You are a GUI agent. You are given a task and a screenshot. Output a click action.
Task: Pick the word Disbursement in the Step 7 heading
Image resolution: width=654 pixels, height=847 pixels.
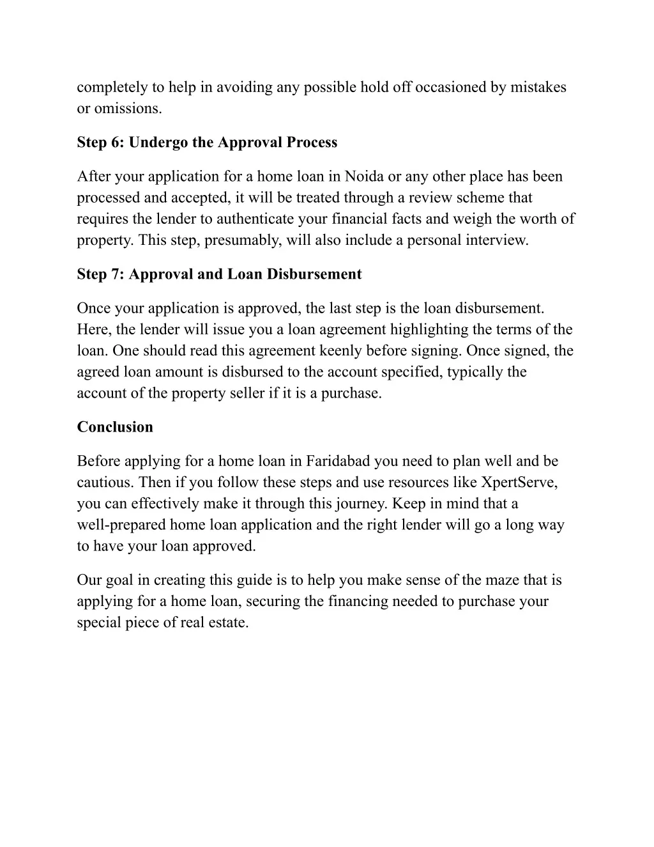[314, 274]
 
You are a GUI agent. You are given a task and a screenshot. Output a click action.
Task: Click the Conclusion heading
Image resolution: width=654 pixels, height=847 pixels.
[115, 427]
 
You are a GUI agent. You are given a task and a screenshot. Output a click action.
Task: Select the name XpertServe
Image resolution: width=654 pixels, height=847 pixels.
[519, 482]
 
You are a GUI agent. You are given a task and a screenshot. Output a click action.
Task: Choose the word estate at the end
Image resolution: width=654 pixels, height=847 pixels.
[228, 623]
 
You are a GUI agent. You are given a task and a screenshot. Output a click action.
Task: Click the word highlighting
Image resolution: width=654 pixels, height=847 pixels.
[435, 330]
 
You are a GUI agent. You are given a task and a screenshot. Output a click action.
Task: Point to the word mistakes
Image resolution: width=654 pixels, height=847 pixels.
[538, 88]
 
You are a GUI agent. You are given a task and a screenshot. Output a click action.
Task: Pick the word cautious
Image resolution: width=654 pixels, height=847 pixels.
[104, 482]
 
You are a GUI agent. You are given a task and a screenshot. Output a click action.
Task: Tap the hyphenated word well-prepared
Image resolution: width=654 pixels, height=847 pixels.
[121, 525]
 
